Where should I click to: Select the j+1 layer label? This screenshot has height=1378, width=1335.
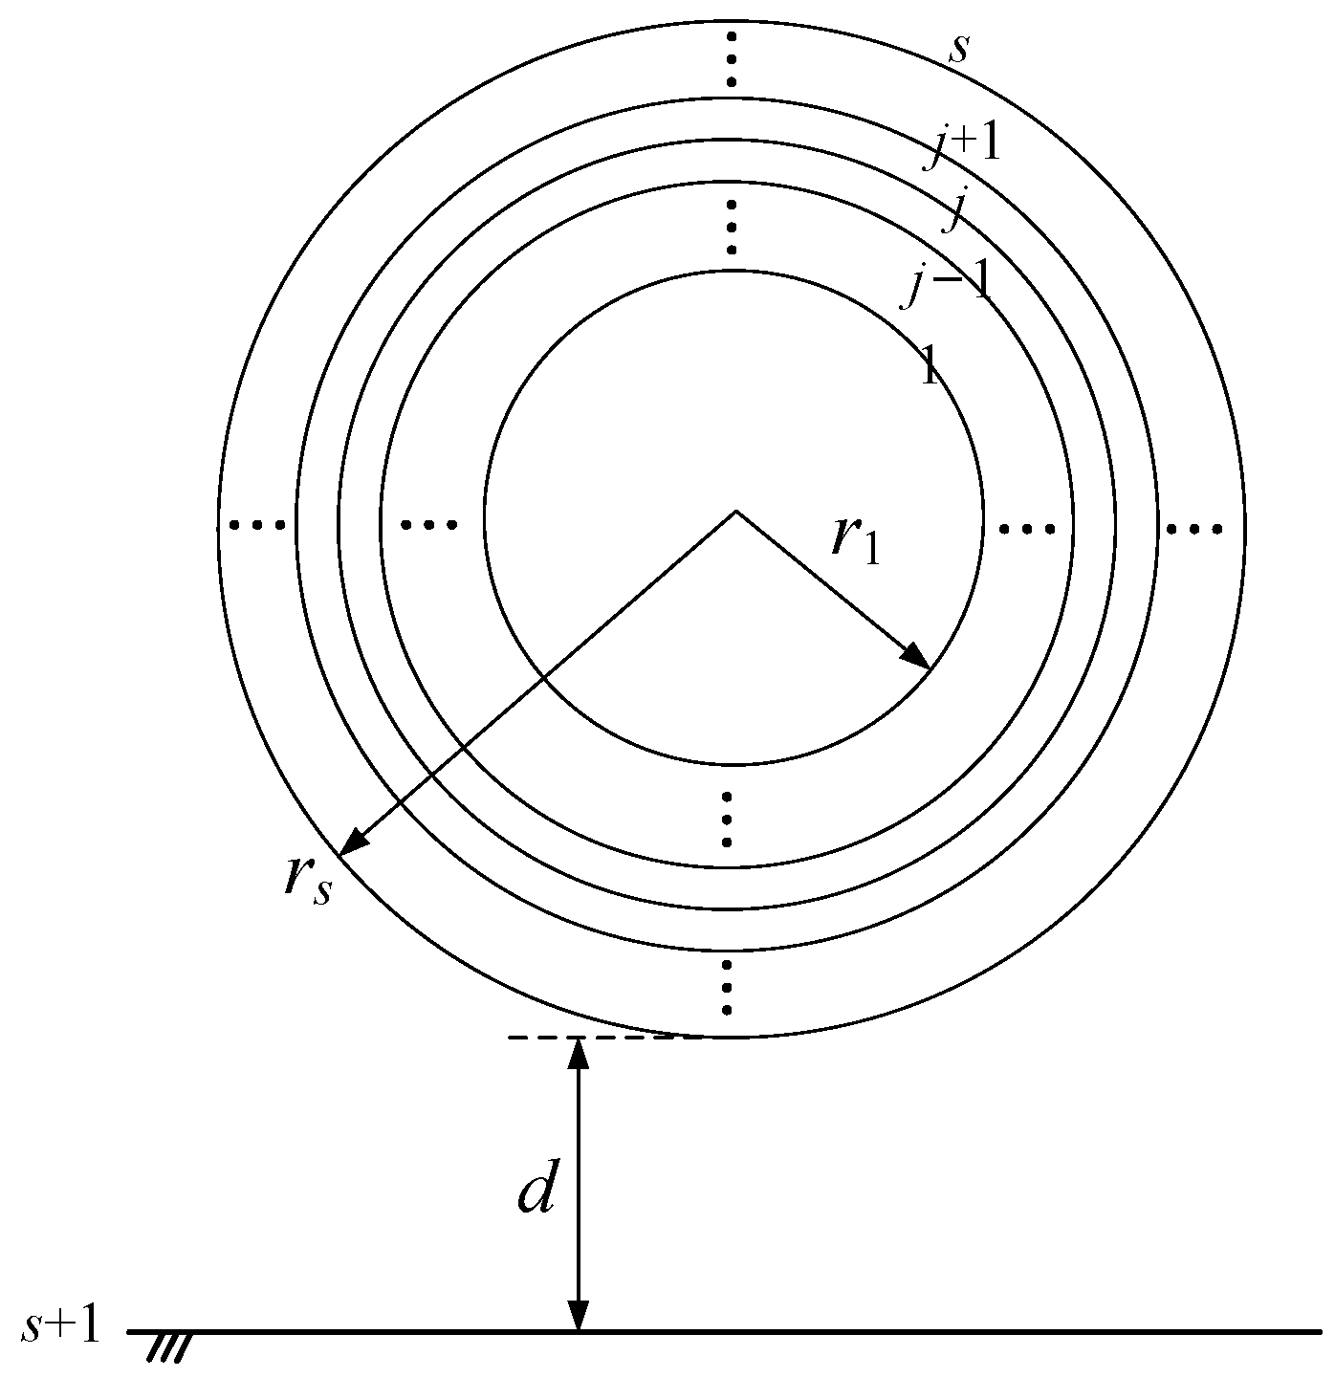point(963,148)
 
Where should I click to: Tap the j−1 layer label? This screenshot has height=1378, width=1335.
point(948,284)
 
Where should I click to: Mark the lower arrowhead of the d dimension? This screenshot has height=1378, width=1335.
point(578,1316)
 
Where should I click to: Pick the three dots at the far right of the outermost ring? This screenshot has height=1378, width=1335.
point(1192,528)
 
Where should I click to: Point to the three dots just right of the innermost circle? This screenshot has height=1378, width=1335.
point(1027,528)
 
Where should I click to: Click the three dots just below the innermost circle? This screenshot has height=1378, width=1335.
point(728,820)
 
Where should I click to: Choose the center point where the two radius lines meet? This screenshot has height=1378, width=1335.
point(735,512)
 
